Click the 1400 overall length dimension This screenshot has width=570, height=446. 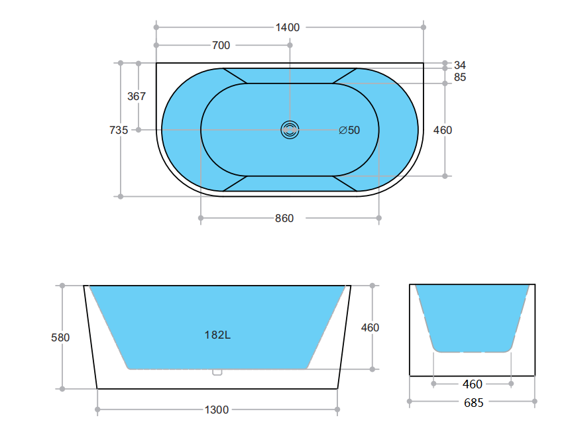pyautogui.click(x=288, y=27)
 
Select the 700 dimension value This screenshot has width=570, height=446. pyautogui.click(x=221, y=45)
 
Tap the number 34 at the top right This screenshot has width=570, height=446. pyautogui.click(x=460, y=65)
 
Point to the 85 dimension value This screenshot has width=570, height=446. pyautogui.click(x=460, y=77)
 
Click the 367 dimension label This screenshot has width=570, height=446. pyautogui.click(x=137, y=96)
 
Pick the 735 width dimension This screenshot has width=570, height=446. pyautogui.click(x=119, y=130)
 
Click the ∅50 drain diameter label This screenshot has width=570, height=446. pyautogui.click(x=349, y=130)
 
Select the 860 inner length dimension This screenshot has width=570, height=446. pyautogui.click(x=284, y=218)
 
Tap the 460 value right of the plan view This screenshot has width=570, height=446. pyautogui.click(x=443, y=130)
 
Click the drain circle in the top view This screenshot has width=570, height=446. pyautogui.click(x=290, y=130)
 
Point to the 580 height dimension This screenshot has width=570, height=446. pyautogui.click(x=60, y=337)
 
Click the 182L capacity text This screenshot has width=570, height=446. pyautogui.click(x=217, y=335)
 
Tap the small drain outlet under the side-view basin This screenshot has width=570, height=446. pyautogui.click(x=217, y=372)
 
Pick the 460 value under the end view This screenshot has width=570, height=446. pyautogui.click(x=472, y=384)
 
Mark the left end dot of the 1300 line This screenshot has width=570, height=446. pyautogui.click(x=97, y=410)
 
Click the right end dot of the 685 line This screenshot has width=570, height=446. pyautogui.click(x=535, y=402)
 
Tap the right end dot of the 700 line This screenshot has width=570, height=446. pyautogui.click(x=290, y=45)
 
